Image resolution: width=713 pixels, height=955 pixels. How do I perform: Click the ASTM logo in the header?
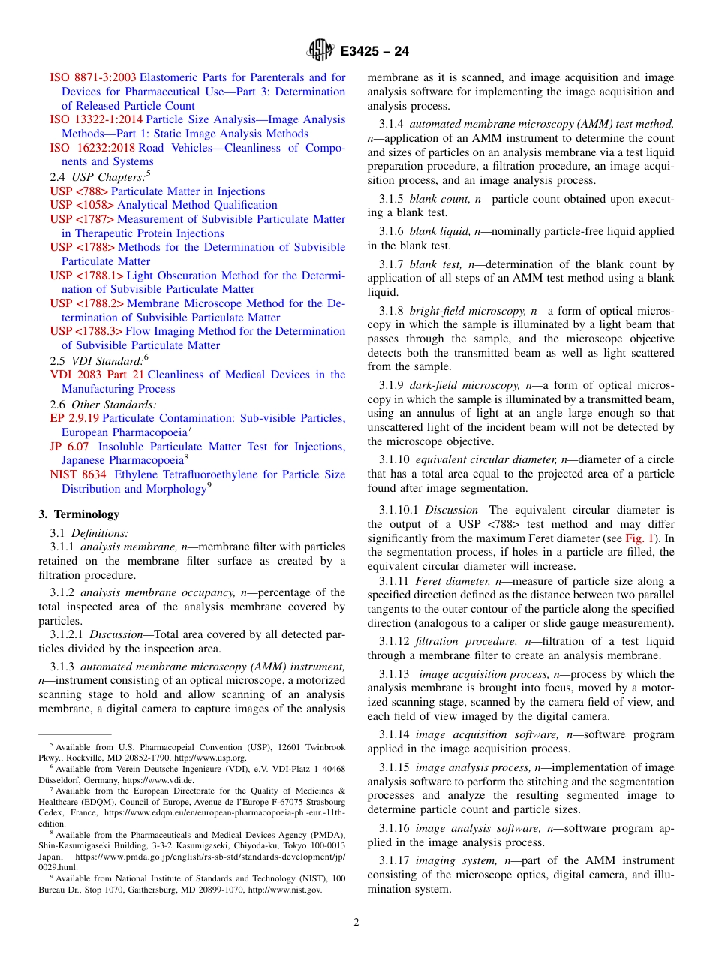point(320,51)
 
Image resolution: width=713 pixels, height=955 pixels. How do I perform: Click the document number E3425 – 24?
point(375,52)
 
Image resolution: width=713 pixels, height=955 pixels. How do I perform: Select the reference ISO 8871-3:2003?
point(93,77)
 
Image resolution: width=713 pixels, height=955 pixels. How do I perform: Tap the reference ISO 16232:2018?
point(92,148)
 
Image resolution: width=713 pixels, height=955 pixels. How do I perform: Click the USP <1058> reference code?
point(82,205)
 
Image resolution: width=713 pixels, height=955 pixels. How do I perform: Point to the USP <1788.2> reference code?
point(86,303)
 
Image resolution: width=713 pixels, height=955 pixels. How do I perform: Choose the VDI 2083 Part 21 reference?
point(97,375)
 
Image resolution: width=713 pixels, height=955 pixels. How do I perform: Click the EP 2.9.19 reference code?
point(74,418)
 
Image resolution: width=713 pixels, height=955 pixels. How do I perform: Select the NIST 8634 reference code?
point(79,474)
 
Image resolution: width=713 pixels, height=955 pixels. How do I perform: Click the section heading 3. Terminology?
point(79,514)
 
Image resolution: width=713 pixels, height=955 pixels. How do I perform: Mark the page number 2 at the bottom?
point(356,923)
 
